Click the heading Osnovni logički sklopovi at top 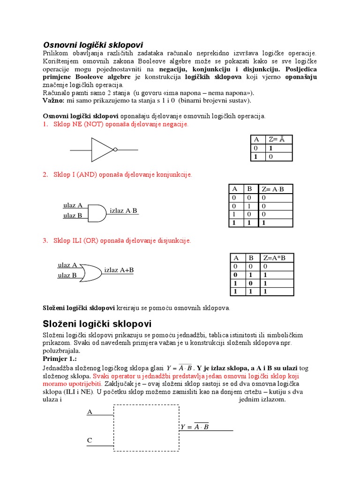(93, 45)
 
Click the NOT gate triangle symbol (102, 150)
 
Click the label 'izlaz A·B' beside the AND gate (123, 211)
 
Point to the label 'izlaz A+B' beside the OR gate (119, 270)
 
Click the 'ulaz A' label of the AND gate (73, 205)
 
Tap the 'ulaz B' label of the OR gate (67, 276)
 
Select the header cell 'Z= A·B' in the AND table (277, 189)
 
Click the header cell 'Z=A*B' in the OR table (277, 258)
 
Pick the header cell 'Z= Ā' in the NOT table (278, 140)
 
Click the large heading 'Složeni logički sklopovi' (97, 324)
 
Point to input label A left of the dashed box (90, 412)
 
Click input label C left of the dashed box (90, 441)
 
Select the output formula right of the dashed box (195, 427)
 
